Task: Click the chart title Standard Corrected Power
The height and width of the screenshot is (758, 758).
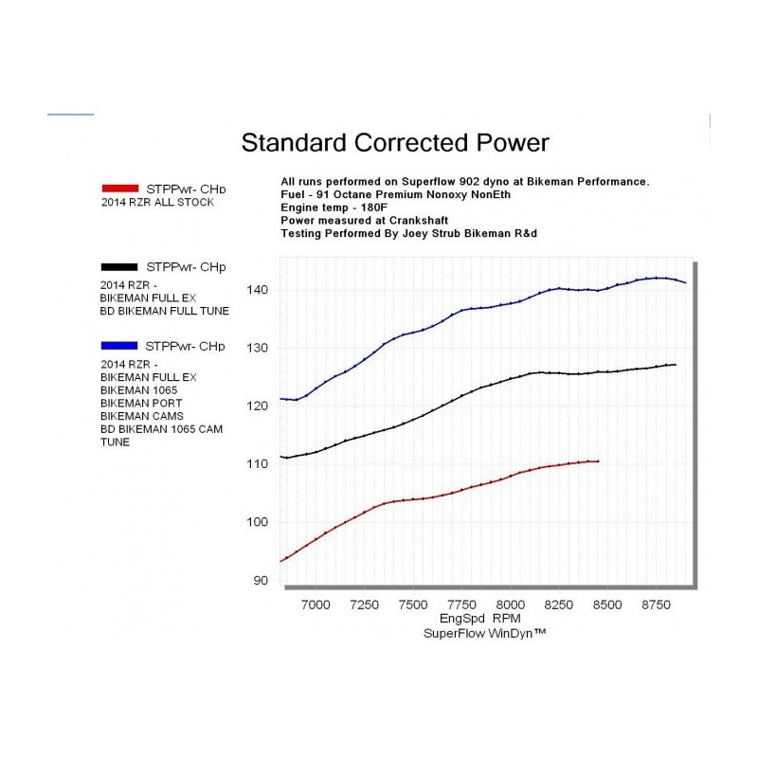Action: pos(395,143)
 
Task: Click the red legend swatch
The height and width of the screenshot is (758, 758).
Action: pos(121,188)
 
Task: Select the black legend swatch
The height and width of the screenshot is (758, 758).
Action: pos(121,267)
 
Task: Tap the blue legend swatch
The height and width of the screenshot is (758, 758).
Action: pos(121,346)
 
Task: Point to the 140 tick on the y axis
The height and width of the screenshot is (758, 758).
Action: pos(262,290)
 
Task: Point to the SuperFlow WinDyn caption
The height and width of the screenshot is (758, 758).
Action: pos(484,633)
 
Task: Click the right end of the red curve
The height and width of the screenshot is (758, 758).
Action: pos(599,461)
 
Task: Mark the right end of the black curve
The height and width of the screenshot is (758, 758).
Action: pos(675,365)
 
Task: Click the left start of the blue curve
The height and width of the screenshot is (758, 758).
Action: pos(281,399)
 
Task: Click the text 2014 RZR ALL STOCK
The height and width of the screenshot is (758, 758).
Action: pos(157,203)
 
